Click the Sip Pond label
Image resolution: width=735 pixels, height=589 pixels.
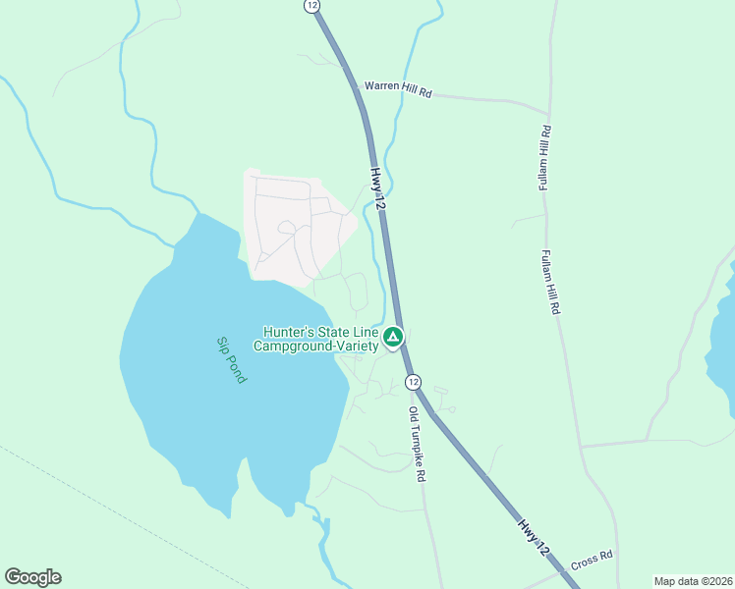pyautogui.click(x=232, y=359)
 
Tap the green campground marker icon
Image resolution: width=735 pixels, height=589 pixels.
pyautogui.click(x=393, y=339)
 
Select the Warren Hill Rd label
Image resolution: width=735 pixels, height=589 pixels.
pyautogui.click(x=398, y=89)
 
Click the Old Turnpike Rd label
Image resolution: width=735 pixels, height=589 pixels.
pyautogui.click(x=419, y=443)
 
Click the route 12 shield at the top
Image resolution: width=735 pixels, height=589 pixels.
pyautogui.click(x=312, y=5)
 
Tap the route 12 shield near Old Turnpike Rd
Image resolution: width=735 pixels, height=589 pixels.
pyautogui.click(x=413, y=381)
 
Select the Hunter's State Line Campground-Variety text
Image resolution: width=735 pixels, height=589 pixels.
pyautogui.click(x=316, y=339)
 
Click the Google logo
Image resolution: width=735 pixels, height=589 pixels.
pyautogui.click(x=32, y=577)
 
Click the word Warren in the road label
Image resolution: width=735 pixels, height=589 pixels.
pyautogui.click(x=381, y=86)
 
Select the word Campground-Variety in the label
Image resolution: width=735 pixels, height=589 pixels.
pyautogui.click(x=316, y=346)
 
